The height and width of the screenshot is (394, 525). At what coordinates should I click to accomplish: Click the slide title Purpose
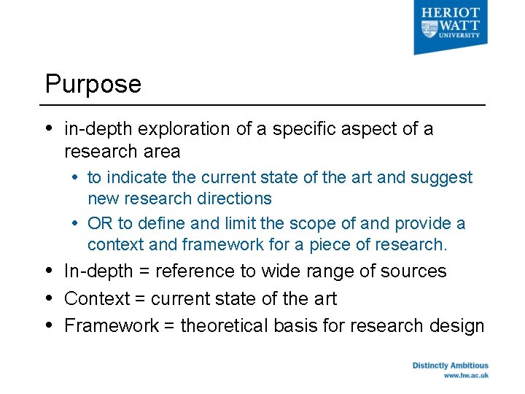click(93, 85)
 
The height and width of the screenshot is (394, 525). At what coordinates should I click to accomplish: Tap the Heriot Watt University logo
click(451, 27)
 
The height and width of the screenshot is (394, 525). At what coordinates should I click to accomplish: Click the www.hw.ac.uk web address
click(466, 376)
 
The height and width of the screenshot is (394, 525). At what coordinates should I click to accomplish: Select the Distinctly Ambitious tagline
click(450, 366)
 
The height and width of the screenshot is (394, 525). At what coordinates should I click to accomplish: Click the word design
click(461, 325)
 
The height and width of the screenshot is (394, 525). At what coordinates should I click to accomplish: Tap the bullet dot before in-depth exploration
click(49, 128)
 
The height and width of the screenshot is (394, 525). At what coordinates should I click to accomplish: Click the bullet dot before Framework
click(49, 325)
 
